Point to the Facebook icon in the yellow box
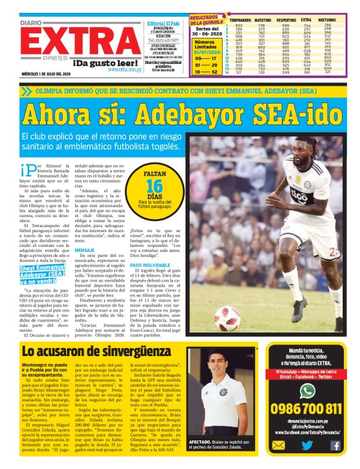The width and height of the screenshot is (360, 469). click(x=335, y=445)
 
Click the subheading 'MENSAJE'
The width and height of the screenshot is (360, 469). click(x=84, y=250)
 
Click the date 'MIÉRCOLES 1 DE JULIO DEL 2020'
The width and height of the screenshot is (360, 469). click(x=48, y=76)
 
